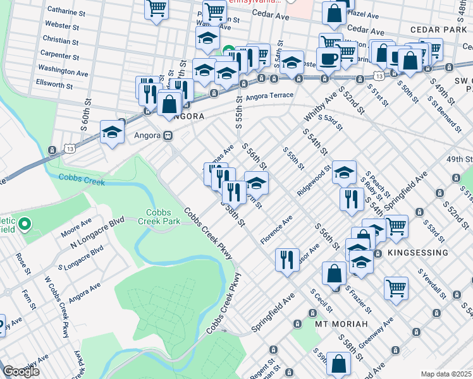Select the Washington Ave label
coord(63,71)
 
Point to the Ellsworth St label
coord(54,84)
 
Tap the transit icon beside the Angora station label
coord(168,135)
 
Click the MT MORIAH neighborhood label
coord(341,324)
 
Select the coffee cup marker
coord(328,59)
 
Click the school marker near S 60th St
coord(112,132)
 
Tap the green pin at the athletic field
coord(25,224)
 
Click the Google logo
coord(21,371)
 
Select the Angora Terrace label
coord(269,95)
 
